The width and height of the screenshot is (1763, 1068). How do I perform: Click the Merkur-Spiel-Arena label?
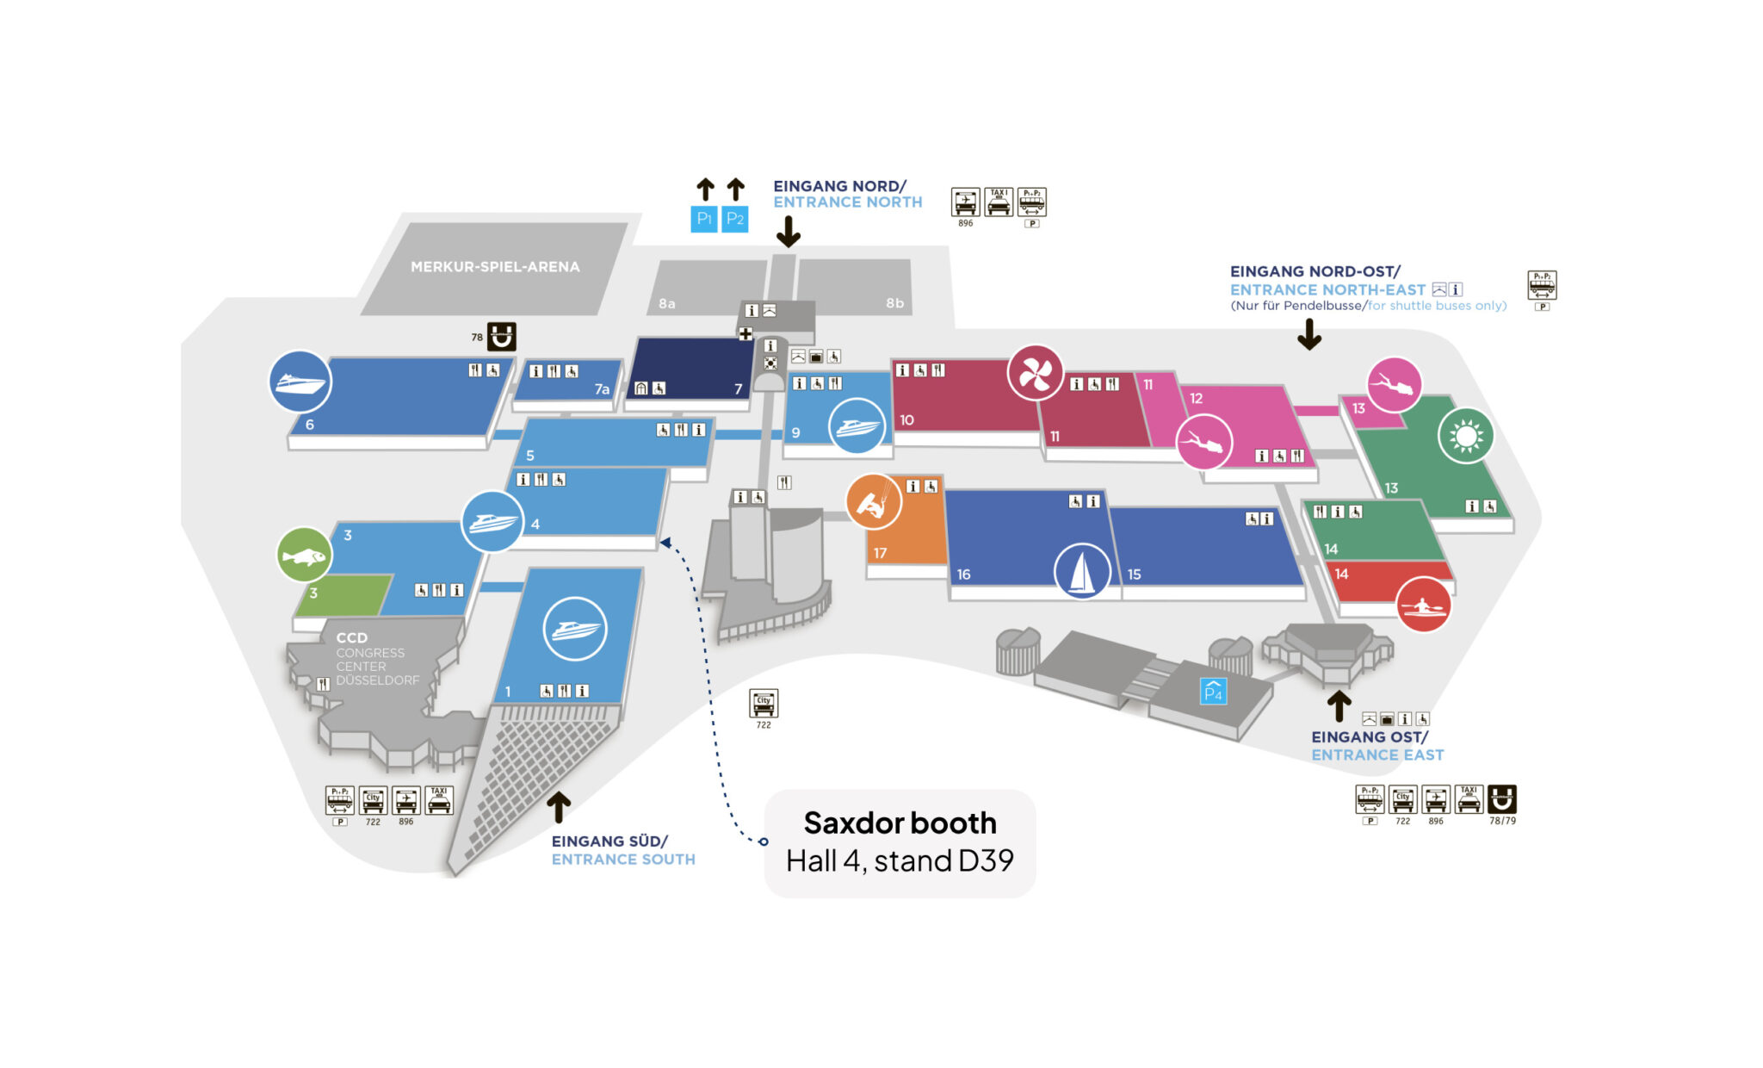coord(495,267)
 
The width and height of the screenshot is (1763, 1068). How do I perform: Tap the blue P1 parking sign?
coord(703,219)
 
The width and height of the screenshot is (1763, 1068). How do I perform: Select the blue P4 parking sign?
coord(1213,691)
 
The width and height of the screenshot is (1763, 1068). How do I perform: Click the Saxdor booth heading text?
coord(900,823)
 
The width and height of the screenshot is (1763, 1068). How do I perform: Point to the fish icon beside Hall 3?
coord(304,556)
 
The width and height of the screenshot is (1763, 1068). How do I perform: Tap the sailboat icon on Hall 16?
coord(1081,571)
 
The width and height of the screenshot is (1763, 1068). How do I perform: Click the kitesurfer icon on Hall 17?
coord(873,501)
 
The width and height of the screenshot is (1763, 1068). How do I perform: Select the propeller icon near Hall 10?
coord(1035,373)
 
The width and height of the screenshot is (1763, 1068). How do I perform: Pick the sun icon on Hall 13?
coord(1465,436)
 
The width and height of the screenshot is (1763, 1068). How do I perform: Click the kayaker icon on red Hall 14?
coord(1422,605)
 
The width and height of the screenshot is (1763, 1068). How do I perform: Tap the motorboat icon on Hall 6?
coord(300,382)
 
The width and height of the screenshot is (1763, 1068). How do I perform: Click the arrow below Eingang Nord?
coord(789,231)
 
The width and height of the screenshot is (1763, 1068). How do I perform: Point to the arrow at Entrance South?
coord(559,807)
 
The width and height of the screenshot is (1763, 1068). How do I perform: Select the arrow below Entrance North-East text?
coord(1309,334)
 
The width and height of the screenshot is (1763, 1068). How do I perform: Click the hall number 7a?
coord(602,389)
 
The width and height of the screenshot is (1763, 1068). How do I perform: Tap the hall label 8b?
coord(894,303)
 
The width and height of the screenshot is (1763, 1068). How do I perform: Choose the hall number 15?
coord(1134,574)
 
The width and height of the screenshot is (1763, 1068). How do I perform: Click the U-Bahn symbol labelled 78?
coord(502,336)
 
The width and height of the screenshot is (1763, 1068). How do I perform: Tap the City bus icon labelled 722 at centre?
coord(764,703)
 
